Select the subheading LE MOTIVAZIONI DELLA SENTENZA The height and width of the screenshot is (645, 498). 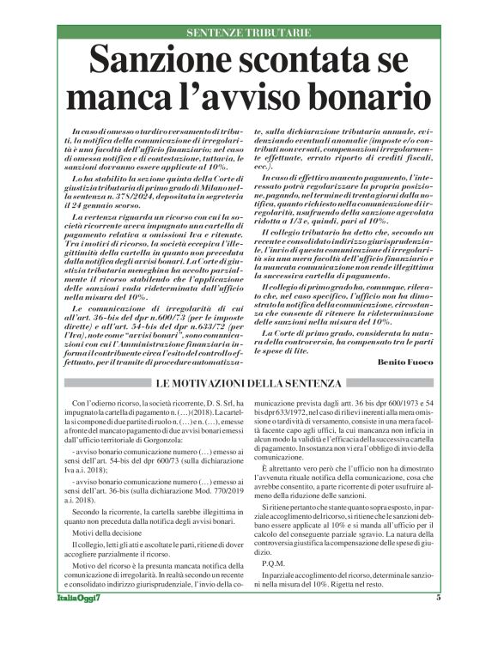tap(248, 382)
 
